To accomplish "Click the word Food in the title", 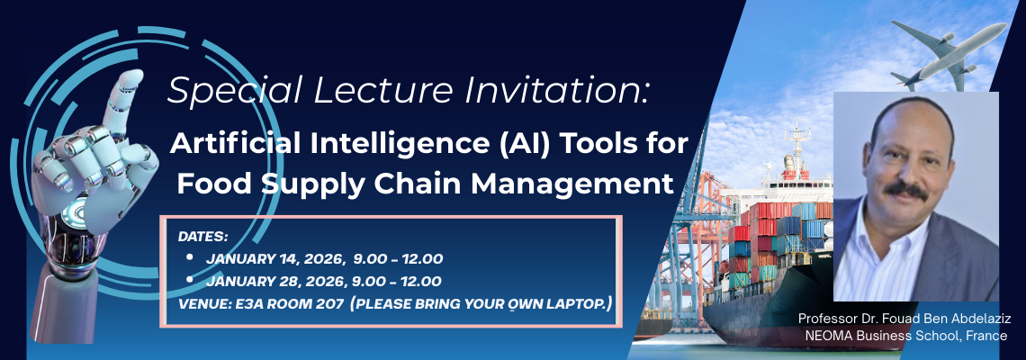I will [215, 183].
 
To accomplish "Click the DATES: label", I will [203, 237].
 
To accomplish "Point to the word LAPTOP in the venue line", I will [573, 303].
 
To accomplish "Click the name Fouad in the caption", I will [905, 319].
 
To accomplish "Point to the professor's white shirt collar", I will [886, 243].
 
